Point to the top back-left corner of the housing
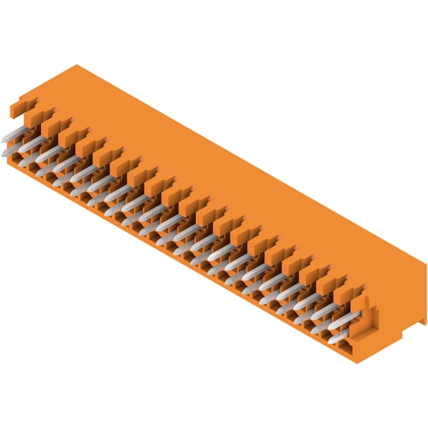pyautogui.click(x=75, y=65)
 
